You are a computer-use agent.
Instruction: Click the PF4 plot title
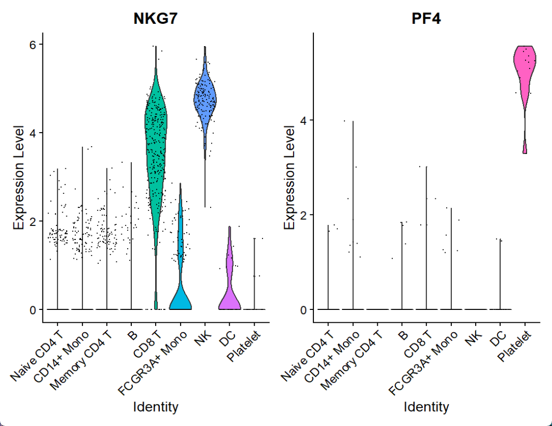coord(426,19)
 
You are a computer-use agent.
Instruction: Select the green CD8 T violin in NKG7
coord(156,155)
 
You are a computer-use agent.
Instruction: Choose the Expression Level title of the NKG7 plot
coord(19,177)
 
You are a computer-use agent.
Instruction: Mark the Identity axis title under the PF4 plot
coord(426,407)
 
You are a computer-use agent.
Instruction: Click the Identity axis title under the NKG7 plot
coord(156,407)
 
